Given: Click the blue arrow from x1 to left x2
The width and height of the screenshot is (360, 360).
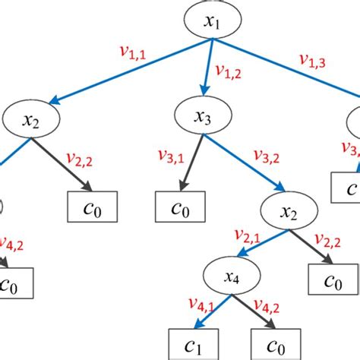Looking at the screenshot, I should [122, 76].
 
